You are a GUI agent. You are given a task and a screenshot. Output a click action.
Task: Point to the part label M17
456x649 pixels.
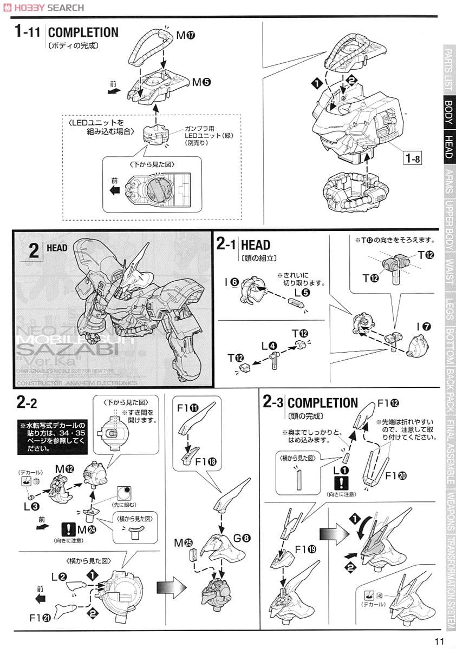(x=185, y=36)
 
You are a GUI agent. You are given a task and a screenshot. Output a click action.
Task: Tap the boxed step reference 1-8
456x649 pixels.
(x=413, y=159)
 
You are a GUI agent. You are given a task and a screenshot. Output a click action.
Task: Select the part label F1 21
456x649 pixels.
(x=38, y=617)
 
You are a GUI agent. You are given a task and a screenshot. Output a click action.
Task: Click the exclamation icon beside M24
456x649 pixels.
(x=68, y=529)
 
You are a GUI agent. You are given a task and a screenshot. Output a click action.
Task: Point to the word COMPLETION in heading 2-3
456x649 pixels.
(x=323, y=403)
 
